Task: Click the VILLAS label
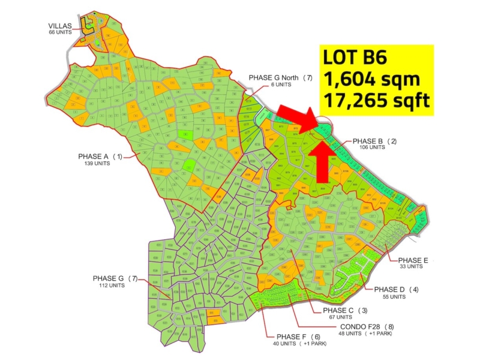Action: [x=60, y=26]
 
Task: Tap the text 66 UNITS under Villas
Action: [x=60, y=32]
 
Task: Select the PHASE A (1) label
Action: [x=100, y=157]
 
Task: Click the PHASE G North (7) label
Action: [x=281, y=78]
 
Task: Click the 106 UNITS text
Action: [x=373, y=148]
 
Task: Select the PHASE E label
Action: [x=413, y=260]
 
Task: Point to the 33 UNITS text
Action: [x=411, y=266]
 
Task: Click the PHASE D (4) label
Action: [x=396, y=290]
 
